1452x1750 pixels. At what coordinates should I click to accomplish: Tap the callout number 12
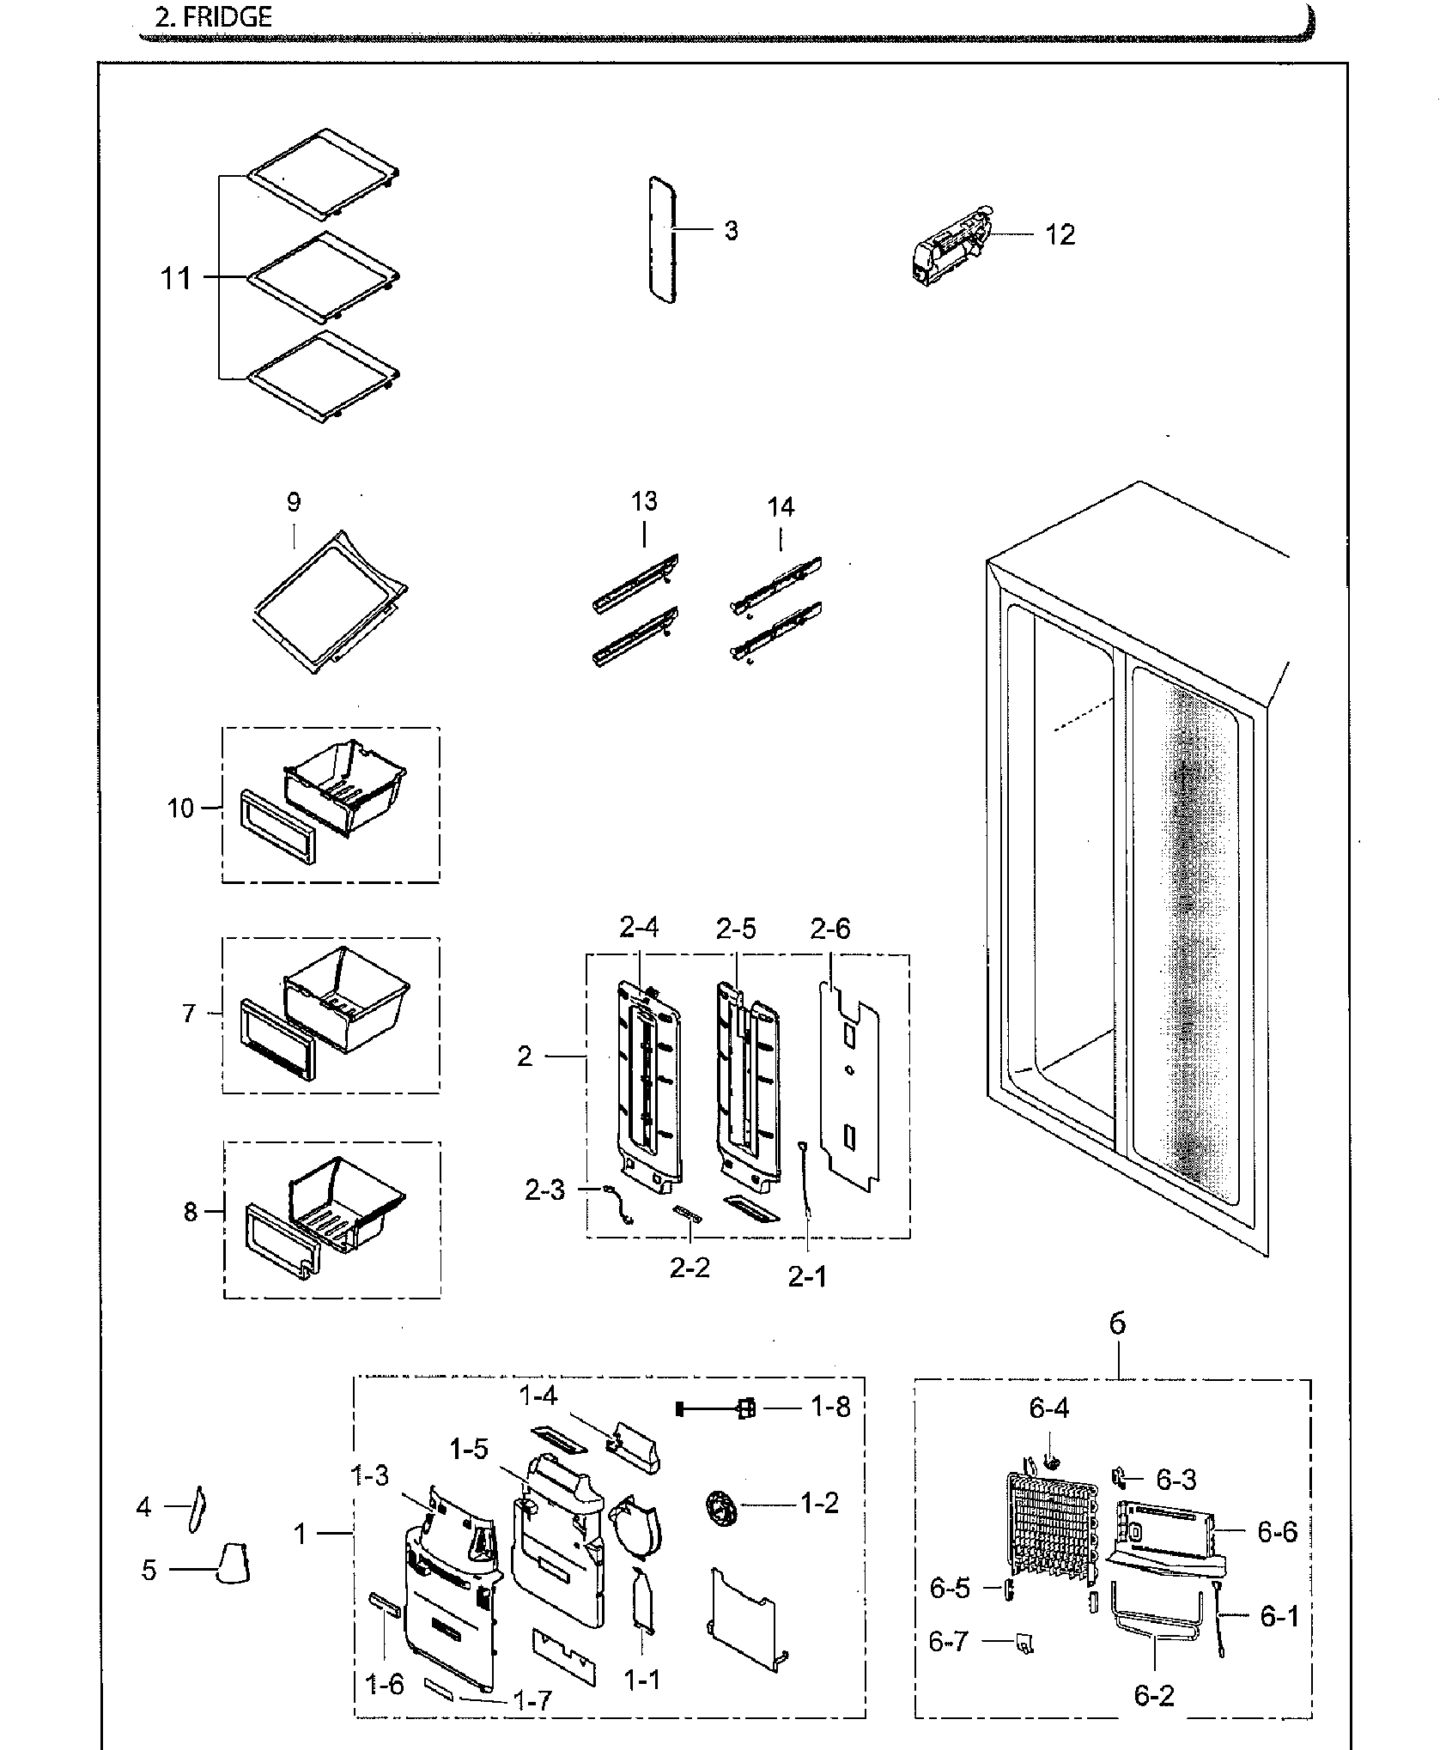[x=1060, y=234]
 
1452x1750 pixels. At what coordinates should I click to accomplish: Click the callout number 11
[x=176, y=278]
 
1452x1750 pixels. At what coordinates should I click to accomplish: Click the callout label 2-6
[x=829, y=929]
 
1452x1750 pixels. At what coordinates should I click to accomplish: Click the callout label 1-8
[x=830, y=1408]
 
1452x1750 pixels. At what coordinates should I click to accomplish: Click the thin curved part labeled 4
[x=195, y=1509]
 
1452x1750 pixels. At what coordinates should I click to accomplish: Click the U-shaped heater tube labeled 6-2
[x=1155, y=1628]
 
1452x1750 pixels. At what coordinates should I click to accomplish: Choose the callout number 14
[x=780, y=507]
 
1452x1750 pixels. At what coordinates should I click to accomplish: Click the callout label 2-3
[x=544, y=1190]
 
